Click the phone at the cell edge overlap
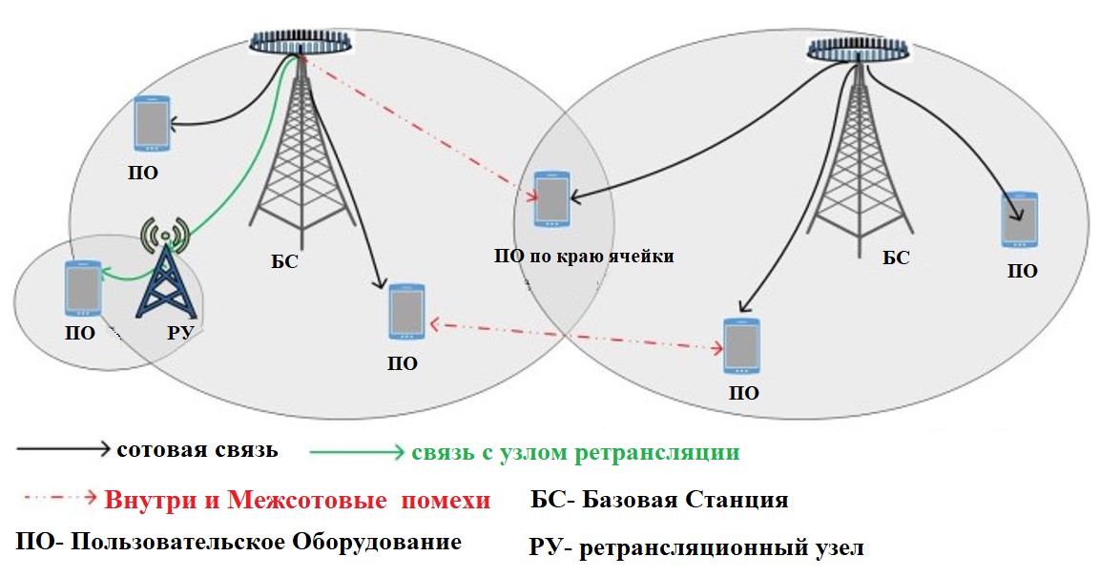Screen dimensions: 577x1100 coord(551,199)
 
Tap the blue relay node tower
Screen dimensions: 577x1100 coord(167,283)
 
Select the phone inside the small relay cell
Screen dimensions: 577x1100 coord(83,288)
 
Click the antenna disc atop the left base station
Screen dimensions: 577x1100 coord(301,43)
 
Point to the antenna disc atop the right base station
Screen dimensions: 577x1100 coord(858,51)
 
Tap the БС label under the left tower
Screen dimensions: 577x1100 coord(284,261)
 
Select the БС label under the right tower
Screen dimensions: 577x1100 coord(896,258)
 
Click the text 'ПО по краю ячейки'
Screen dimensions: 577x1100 coord(584,256)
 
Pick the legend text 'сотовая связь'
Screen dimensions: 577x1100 coord(197,450)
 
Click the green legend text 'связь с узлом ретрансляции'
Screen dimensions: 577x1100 coord(575,452)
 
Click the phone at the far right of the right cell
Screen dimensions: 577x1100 coord(1019,219)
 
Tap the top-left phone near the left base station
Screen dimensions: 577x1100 coord(151,123)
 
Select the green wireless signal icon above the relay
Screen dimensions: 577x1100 coord(165,232)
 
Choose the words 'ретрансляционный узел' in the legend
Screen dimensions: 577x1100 coord(722,548)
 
